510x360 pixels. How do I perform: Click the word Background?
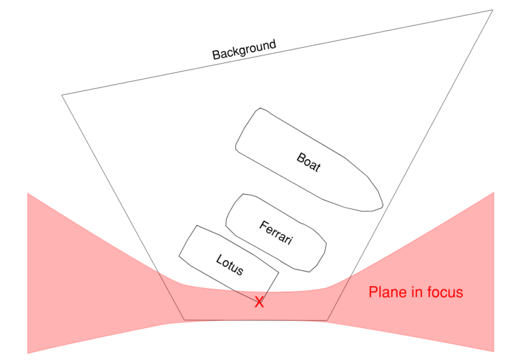pos(244,50)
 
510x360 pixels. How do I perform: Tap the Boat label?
pos(309,162)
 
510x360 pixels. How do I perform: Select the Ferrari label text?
pos(276,233)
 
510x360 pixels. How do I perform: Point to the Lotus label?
pos(229,264)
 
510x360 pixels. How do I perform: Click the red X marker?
pos(259,302)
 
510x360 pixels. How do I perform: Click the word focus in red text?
pos(445,292)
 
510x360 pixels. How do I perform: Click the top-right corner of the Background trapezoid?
pos(493,10)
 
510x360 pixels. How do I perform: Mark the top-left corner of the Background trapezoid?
pos(62,96)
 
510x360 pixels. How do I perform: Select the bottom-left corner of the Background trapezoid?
pos(184,320)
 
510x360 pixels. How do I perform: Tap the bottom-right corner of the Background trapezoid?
pos(328,320)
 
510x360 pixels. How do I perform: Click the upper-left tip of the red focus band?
pos(28,193)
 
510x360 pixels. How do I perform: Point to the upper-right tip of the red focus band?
pos(494,192)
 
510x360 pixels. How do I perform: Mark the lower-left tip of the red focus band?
pos(28,352)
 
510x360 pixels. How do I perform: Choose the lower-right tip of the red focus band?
pos(494,351)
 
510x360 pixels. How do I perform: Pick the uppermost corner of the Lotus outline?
pos(196,226)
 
